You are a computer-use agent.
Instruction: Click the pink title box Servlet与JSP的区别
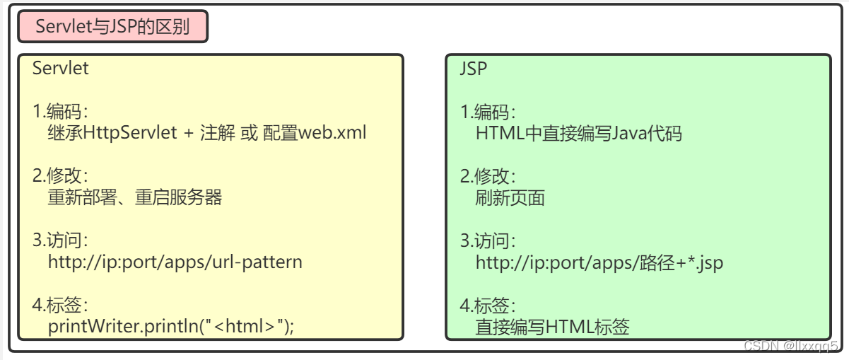(x=113, y=28)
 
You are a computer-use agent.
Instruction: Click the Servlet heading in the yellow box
(x=61, y=69)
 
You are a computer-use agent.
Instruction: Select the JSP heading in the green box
(x=474, y=69)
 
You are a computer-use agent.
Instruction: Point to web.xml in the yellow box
(x=332, y=132)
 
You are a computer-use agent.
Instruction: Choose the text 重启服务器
(x=179, y=197)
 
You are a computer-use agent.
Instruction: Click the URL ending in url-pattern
(x=175, y=262)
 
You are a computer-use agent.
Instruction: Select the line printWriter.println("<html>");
(x=171, y=326)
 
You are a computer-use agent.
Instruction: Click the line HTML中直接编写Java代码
(x=578, y=133)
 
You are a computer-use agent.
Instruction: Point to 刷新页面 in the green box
(x=510, y=197)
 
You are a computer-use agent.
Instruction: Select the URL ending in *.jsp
(x=599, y=262)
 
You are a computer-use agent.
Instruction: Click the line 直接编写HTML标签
(x=552, y=327)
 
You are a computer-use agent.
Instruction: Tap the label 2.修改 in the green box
(x=488, y=176)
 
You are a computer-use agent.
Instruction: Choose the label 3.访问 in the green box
(x=488, y=241)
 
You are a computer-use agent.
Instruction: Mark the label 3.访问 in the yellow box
(x=60, y=240)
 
